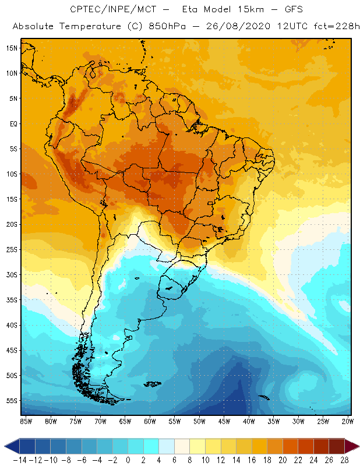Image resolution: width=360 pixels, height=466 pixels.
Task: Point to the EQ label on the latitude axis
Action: tap(13, 124)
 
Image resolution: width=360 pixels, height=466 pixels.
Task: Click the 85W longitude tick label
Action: tap(26, 421)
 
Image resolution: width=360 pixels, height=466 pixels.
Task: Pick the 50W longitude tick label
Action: tap(199, 421)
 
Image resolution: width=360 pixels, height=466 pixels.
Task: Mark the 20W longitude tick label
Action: tap(348, 421)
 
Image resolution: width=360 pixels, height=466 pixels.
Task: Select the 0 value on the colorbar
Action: tap(128, 460)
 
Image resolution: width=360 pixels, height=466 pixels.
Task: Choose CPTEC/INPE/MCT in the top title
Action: tap(111, 10)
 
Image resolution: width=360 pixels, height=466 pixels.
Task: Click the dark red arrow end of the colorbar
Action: tap(352, 446)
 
